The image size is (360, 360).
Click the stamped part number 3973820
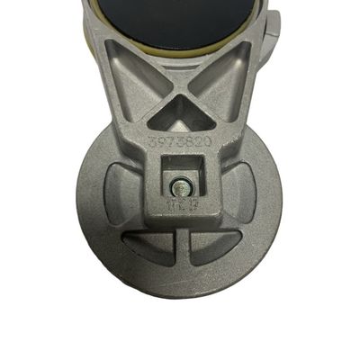tap(179, 144)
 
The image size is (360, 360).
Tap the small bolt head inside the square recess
tap(180, 187)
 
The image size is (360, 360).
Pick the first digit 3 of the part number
tap(149, 143)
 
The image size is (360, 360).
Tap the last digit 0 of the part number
tap(209, 143)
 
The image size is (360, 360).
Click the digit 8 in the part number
tap(189, 144)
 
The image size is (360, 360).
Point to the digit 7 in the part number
tap(169, 144)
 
